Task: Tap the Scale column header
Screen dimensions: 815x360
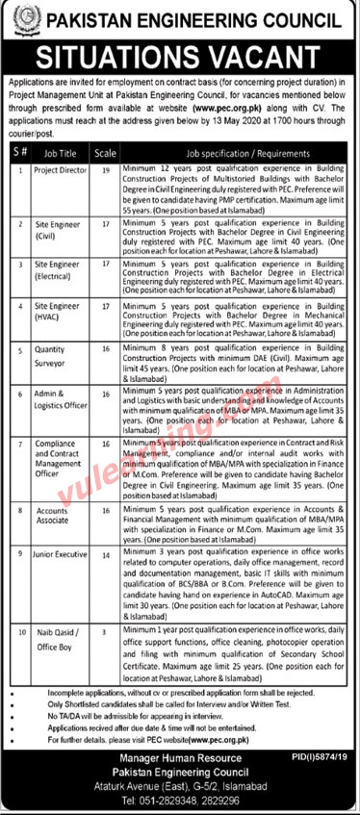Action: coord(107,152)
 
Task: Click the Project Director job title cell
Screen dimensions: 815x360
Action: coord(61,168)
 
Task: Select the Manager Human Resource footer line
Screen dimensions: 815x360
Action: coord(180,760)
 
